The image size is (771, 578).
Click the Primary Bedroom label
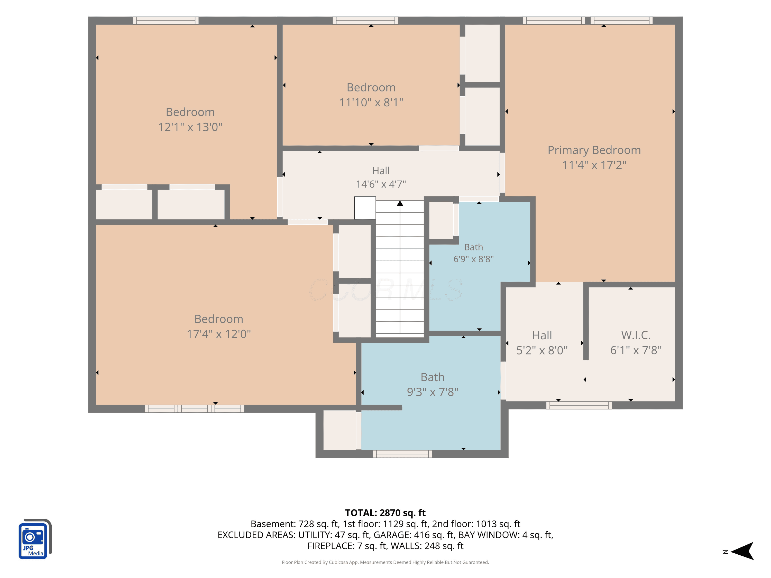click(594, 150)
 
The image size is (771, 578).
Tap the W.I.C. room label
click(636, 335)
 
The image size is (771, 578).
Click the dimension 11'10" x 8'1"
click(371, 102)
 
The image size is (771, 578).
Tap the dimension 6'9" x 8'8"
click(473, 259)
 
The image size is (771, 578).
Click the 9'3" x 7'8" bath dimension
click(433, 392)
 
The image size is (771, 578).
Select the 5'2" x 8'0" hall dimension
click(542, 350)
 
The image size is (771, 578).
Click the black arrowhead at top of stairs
click(400, 203)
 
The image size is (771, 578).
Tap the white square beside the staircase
click(365, 208)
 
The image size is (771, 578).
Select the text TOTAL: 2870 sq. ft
click(385, 513)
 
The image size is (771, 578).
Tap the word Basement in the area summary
click(273, 524)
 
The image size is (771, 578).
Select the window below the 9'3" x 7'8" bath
click(402, 454)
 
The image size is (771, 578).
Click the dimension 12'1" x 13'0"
click(190, 127)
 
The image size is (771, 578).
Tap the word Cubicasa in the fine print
click(338, 562)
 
